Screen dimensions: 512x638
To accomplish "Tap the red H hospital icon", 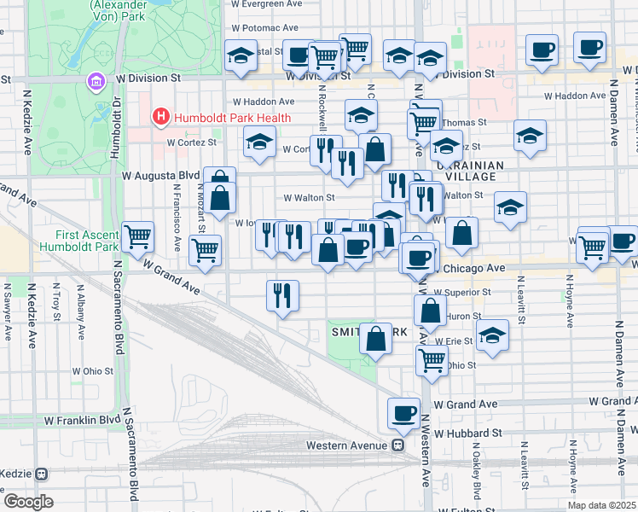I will [159, 117].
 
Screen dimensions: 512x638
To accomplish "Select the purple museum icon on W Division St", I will [95, 81].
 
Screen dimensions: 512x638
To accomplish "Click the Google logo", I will [28, 502].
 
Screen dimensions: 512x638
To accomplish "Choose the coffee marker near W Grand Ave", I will [403, 413].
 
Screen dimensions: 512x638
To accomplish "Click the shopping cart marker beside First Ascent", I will [137, 236].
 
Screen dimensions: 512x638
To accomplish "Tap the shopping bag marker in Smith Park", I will [375, 339].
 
